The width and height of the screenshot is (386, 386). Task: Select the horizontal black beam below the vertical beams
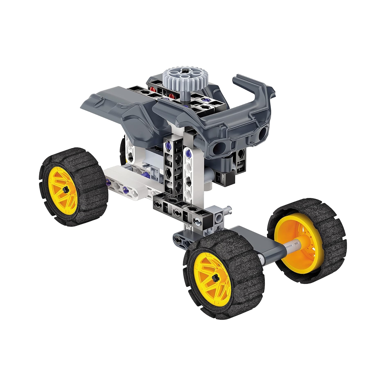click(180, 211)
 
